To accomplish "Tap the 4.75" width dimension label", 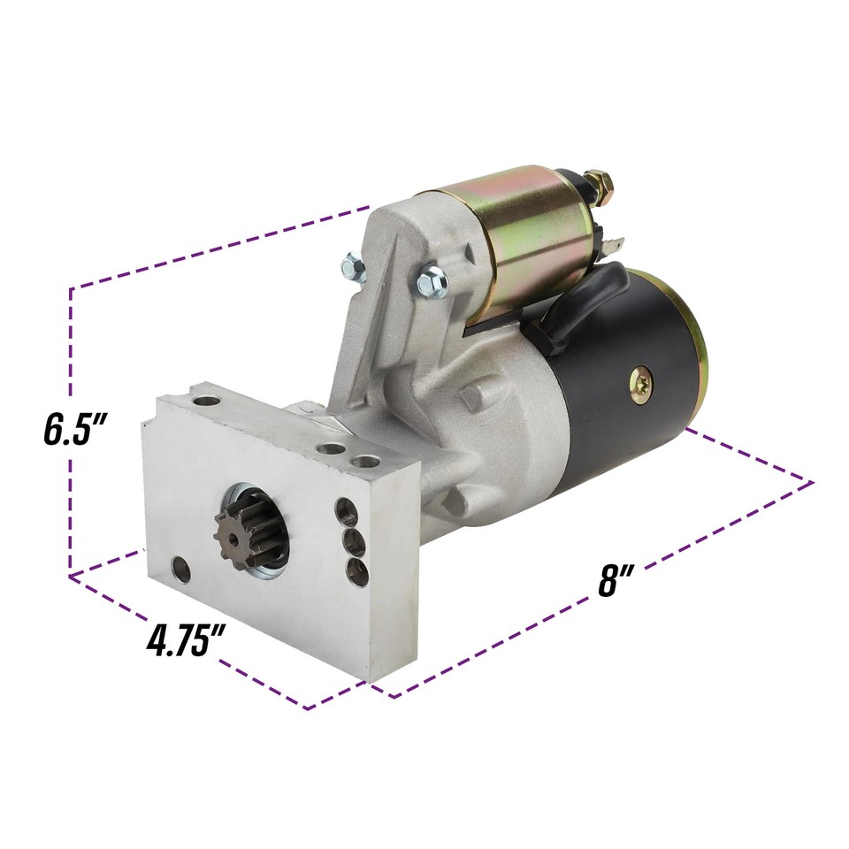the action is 185,641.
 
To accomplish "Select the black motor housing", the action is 623,373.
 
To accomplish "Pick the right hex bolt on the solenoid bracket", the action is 432,280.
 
